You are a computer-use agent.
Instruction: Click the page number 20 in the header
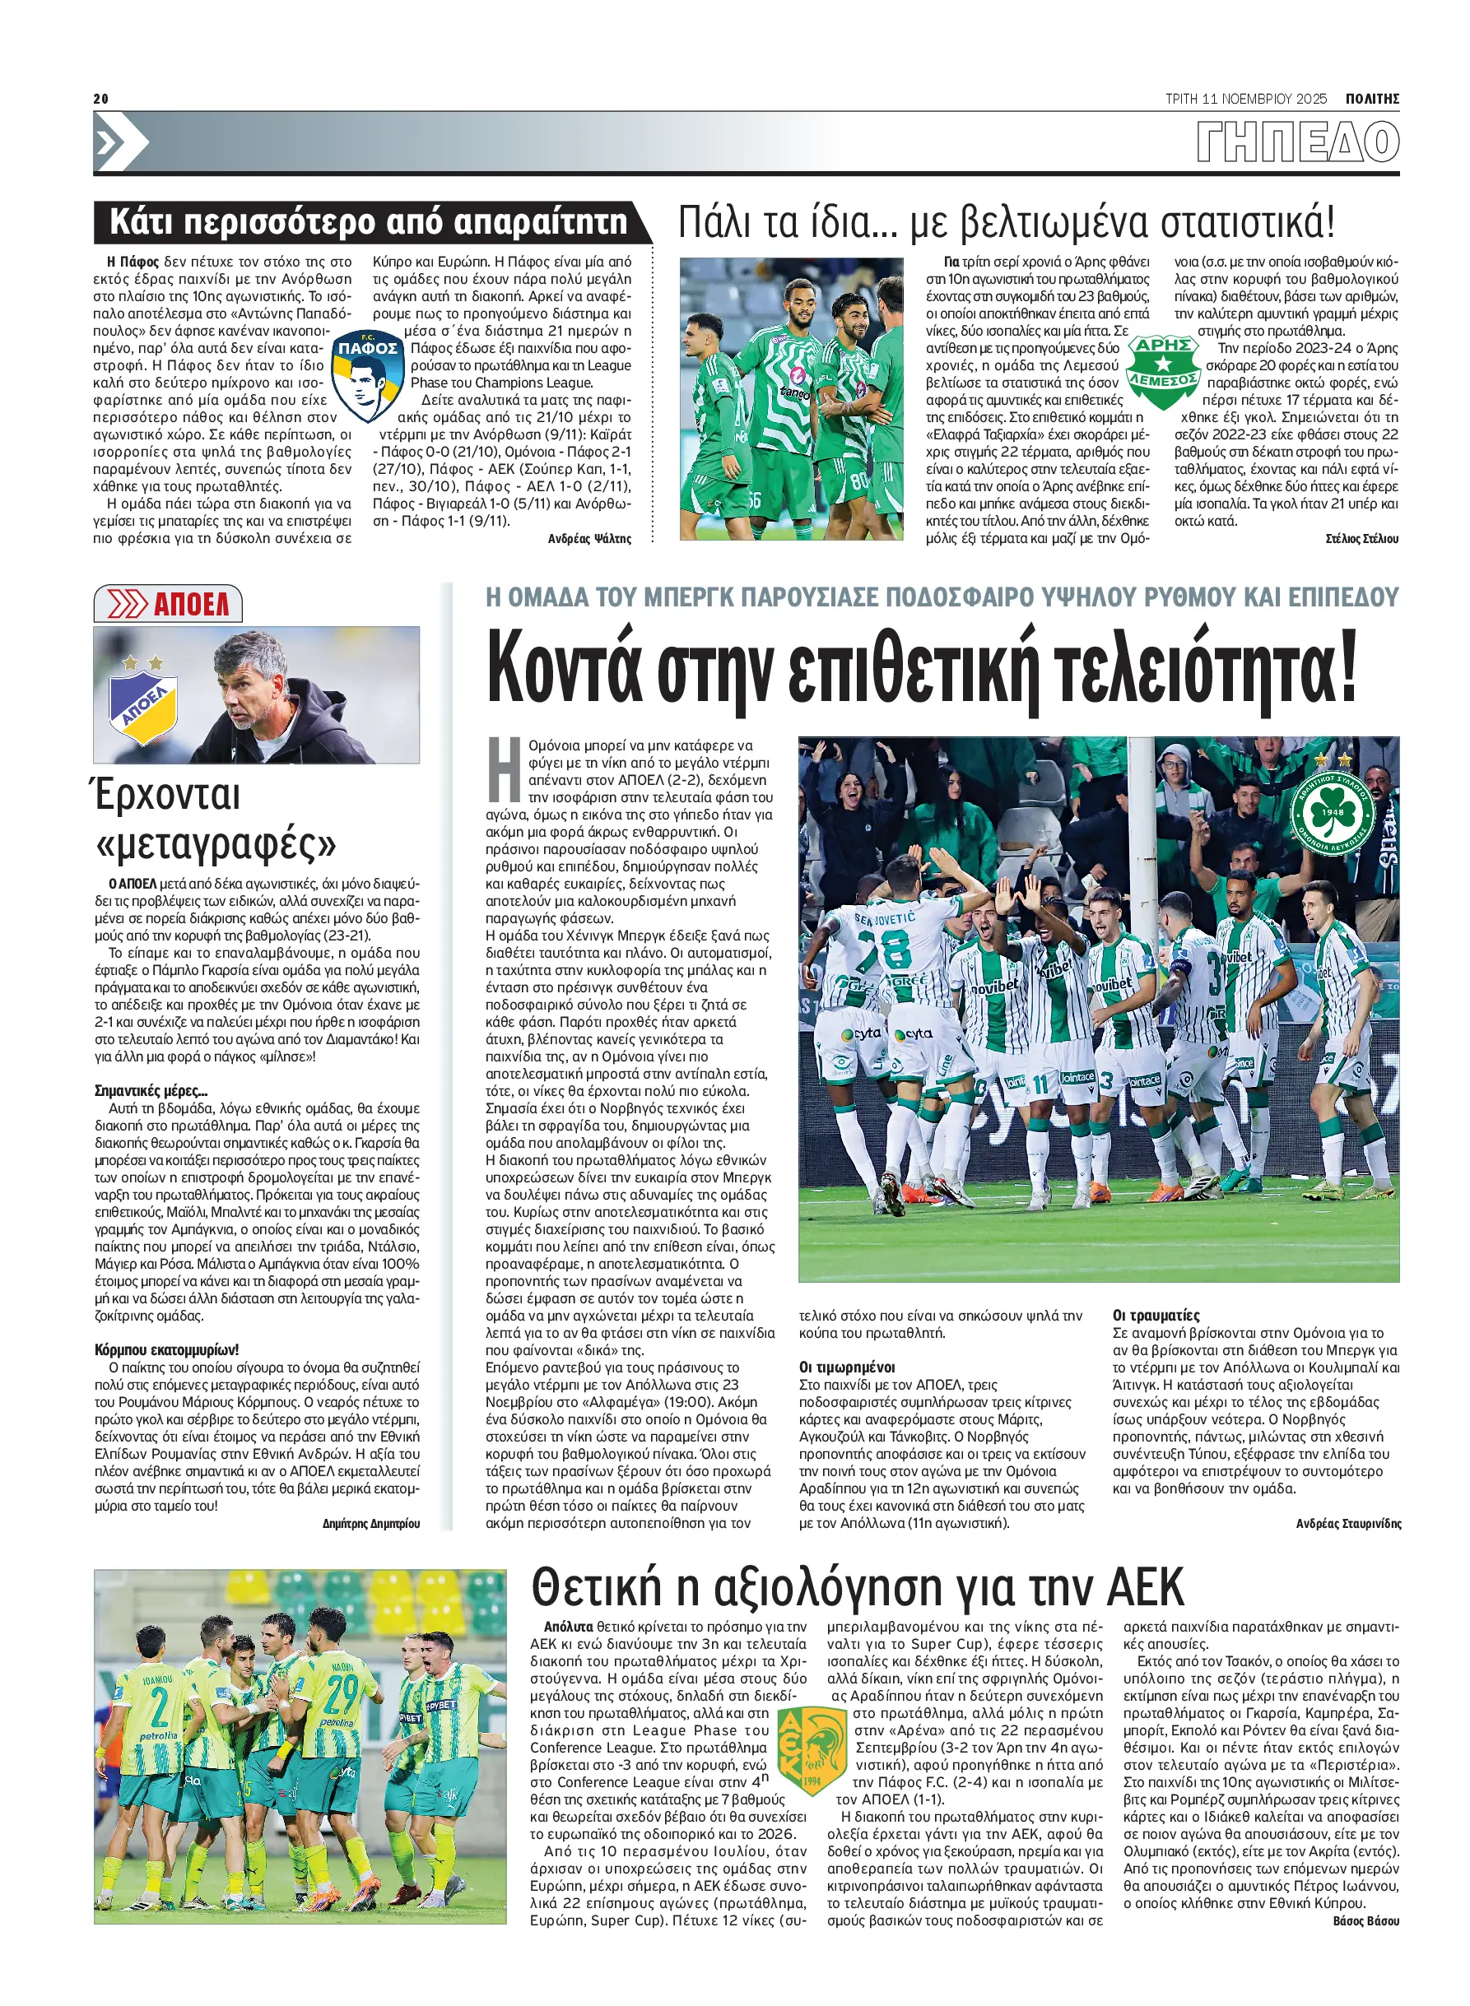[x=100, y=99]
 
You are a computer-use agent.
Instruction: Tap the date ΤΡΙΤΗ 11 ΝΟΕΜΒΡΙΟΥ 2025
[x=1244, y=99]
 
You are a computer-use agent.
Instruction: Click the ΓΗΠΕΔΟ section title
[x=1297, y=142]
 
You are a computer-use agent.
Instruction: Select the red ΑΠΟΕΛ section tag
[x=168, y=605]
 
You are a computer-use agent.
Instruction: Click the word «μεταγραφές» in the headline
[x=216, y=843]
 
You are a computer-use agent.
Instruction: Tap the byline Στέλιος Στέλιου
[x=1361, y=538]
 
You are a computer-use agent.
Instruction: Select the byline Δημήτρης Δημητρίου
[x=371, y=1523]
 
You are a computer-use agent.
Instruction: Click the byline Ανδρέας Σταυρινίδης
[x=1348, y=1523]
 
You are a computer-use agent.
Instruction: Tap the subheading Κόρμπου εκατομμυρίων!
[x=166, y=1349]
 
